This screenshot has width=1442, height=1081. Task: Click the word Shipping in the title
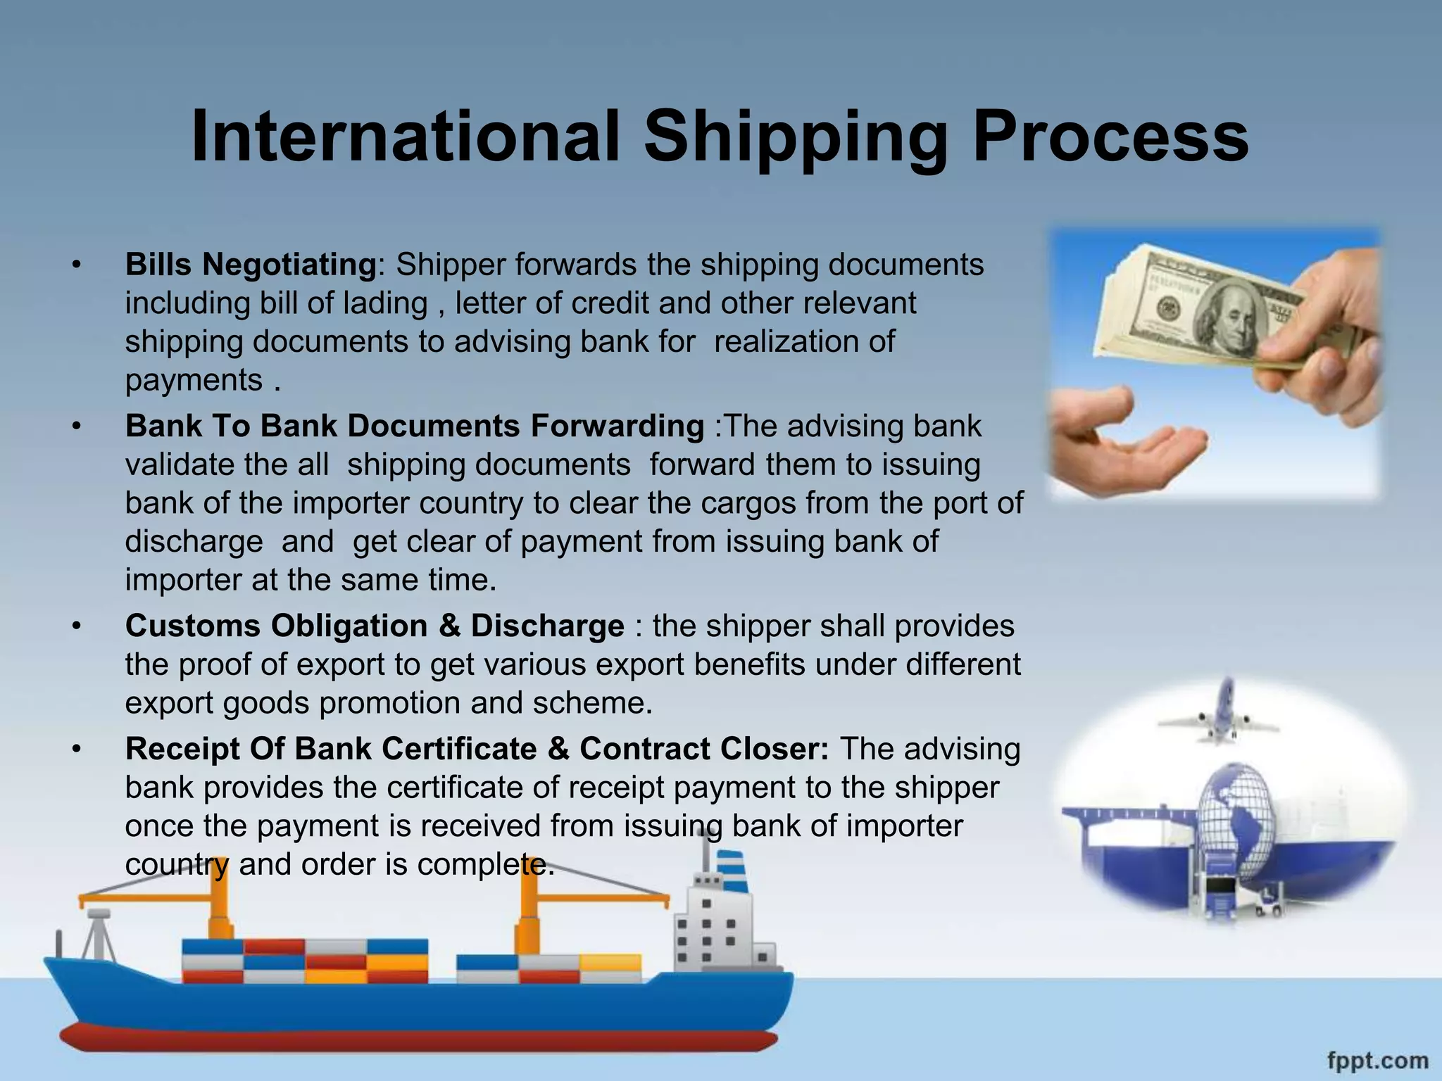point(796,137)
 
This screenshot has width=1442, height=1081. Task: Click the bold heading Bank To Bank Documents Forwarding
point(415,426)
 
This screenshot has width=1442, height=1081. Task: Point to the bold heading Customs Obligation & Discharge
point(375,626)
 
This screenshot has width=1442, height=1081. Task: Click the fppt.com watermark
point(1377,1060)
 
